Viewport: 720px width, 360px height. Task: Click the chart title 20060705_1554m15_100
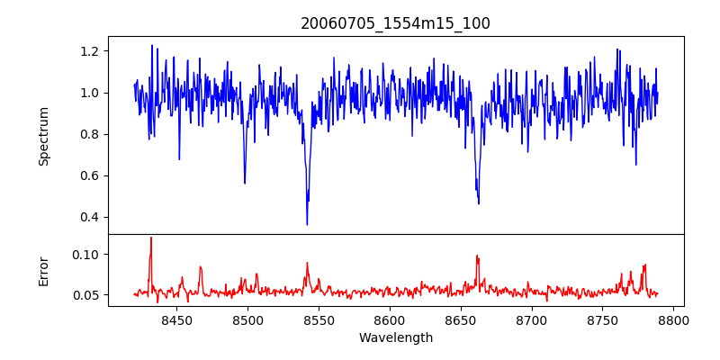click(395, 23)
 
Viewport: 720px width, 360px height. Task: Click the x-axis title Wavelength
click(395, 337)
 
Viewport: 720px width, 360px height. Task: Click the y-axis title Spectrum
click(44, 136)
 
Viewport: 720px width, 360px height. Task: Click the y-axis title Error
click(44, 270)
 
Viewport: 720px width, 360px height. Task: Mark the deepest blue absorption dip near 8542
click(307, 224)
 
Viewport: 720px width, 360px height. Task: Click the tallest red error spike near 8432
click(151, 238)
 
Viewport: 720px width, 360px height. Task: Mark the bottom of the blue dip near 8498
click(245, 183)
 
